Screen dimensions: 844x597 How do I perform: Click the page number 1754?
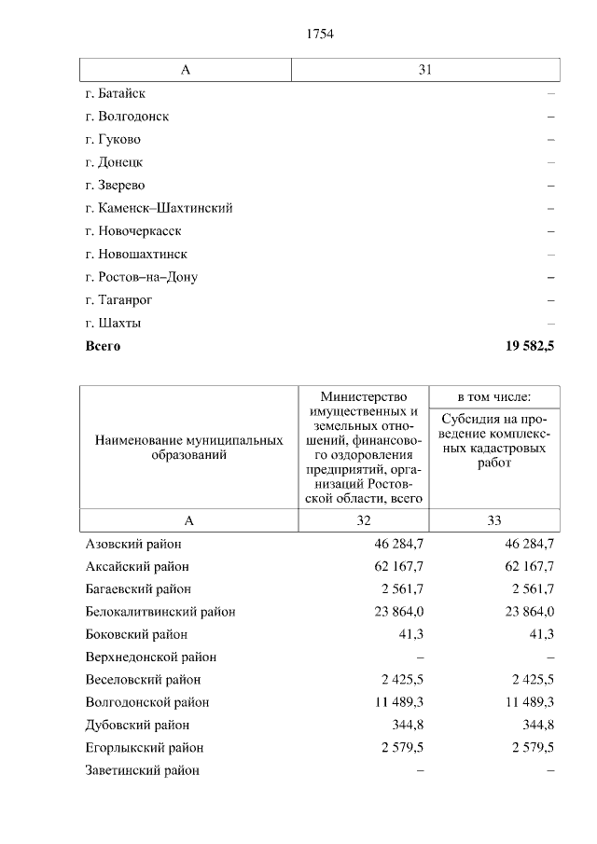[x=319, y=35]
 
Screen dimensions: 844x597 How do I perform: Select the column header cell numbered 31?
[x=425, y=71]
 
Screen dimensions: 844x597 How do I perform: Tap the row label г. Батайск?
[x=115, y=94]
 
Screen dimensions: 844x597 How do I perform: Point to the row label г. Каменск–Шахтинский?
[x=159, y=208]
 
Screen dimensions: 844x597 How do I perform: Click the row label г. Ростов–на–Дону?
[x=141, y=277]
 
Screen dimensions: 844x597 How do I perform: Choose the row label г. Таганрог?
[x=118, y=300]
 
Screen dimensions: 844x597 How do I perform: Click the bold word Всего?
[x=103, y=346]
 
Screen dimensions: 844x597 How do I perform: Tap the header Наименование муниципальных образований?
[x=188, y=448]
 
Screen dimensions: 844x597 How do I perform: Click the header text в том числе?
[x=493, y=396]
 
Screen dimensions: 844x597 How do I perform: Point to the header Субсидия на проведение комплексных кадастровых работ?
[x=494, y=440]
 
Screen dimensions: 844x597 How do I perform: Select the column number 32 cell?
[x=363, y=520]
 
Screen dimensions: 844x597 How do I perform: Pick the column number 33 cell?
[x=493, y=520]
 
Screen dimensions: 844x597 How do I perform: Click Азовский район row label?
[x=133, y=544]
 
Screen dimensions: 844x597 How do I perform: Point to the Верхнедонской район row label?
[x=150, y=657]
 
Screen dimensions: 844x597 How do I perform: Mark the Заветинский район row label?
[x=142, y=770]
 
